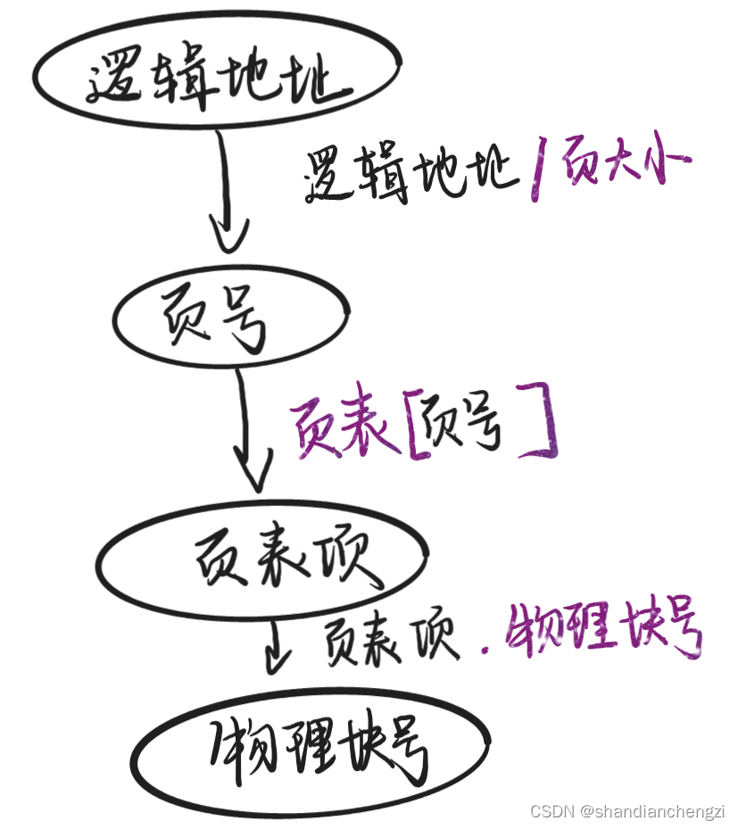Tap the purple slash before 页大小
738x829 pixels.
pyautogui.click(x=538, y=176)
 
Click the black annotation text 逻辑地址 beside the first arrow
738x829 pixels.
pyautogui.click(x=411, y=174)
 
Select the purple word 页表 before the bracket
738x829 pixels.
pyautogui.click(x=344, y=428)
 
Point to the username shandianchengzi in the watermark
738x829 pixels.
pyautogui.click(x=660, y=811)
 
